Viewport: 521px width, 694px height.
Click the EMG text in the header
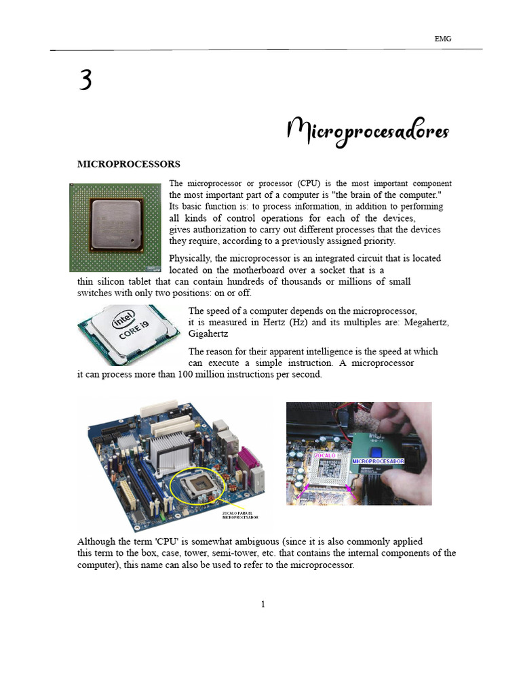pos(442,39)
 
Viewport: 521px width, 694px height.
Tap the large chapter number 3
pos(85,81)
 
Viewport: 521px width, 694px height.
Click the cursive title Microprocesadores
pos(368,130)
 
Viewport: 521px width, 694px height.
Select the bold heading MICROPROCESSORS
pos(128,164)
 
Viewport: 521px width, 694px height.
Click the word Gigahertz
pos(208,334)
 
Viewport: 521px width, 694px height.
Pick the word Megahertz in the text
pos(426,323)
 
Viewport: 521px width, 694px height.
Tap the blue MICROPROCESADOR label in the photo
pos(378,461)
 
